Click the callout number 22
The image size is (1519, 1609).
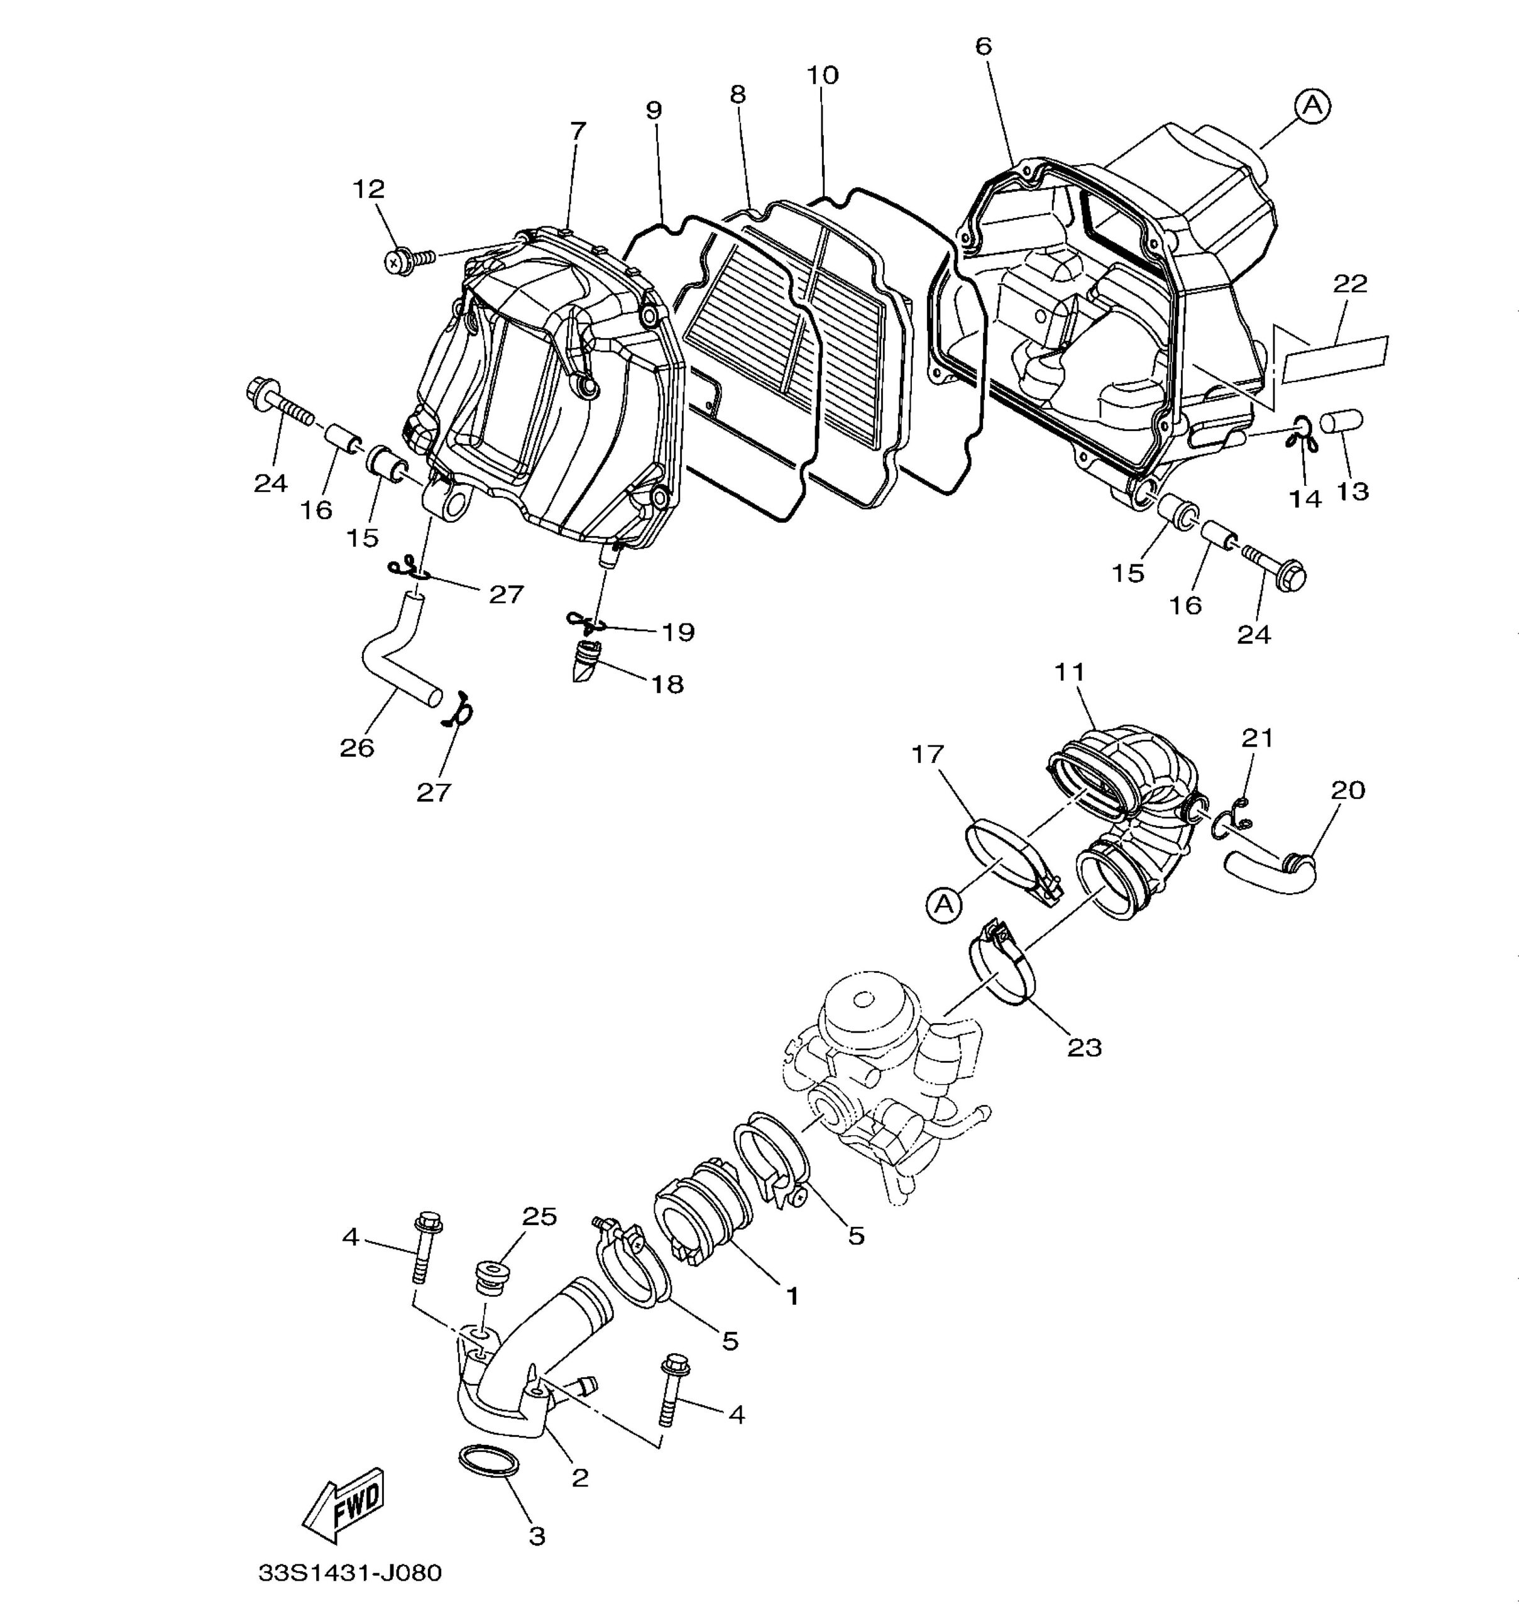1350,283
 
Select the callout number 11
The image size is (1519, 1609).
1069,672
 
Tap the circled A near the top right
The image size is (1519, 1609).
1312,105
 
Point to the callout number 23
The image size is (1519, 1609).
1084,1048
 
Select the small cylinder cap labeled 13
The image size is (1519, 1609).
1342,424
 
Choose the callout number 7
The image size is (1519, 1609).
578,130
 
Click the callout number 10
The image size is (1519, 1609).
822,75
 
